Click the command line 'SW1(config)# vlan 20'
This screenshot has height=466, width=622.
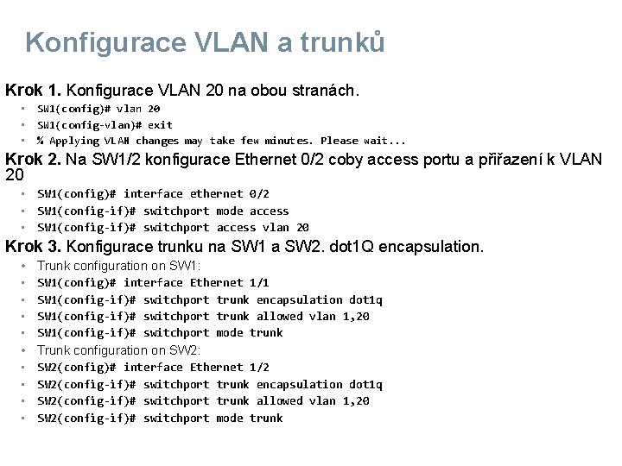98,109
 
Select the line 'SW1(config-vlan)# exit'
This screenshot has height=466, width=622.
105,125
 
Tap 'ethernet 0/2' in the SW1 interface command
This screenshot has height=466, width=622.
230,194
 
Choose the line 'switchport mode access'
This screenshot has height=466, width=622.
216,211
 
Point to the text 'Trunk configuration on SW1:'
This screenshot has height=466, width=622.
118,266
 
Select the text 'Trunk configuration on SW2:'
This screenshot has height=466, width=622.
118,350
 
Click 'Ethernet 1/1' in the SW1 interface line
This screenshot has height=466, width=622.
230,282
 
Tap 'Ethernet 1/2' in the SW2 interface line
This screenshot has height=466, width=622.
230,367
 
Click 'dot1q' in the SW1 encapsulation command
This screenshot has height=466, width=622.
365,299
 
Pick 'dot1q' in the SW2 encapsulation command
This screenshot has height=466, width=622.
365,384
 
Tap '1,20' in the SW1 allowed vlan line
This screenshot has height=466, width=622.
356,317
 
